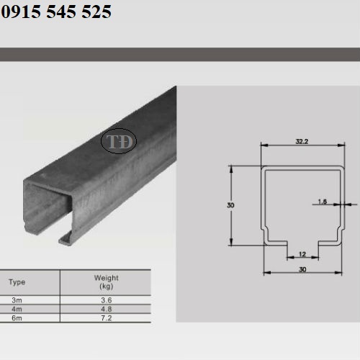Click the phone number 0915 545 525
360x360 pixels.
[x=56, y=12]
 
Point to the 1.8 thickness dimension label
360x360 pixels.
[x=322, y=202]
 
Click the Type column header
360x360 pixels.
[x=17, y=281]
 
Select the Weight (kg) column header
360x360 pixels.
[x=107, y=282]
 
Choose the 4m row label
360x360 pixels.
[x=17, y=308]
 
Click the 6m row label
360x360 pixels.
[x=17, y=318]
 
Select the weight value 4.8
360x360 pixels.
[x=106, y=308]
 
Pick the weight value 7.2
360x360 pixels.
[x=106, y=318]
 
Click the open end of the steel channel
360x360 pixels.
[x=50, y=209]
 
